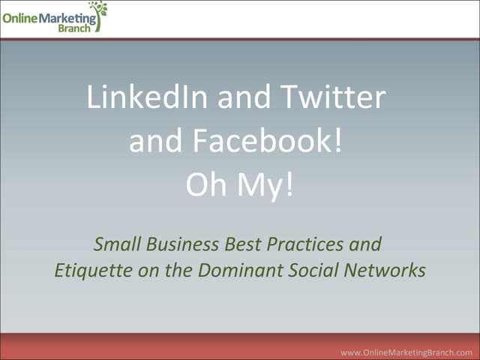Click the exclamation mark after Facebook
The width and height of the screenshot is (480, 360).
[x=339, y=141]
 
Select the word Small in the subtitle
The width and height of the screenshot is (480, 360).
[x=113, y=244]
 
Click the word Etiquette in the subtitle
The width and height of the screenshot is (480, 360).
[x=87, y=270]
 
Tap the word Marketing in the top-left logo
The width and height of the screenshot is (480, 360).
[x=68, y=17]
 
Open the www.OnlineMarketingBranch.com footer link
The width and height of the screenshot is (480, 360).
[x=406, y=352]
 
